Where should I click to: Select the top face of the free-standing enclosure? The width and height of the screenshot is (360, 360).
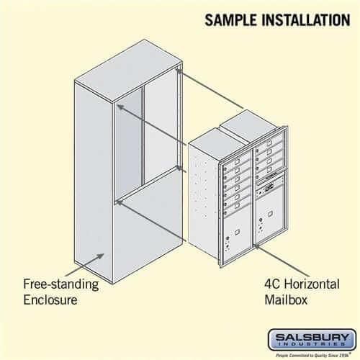tap(126, 65)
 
